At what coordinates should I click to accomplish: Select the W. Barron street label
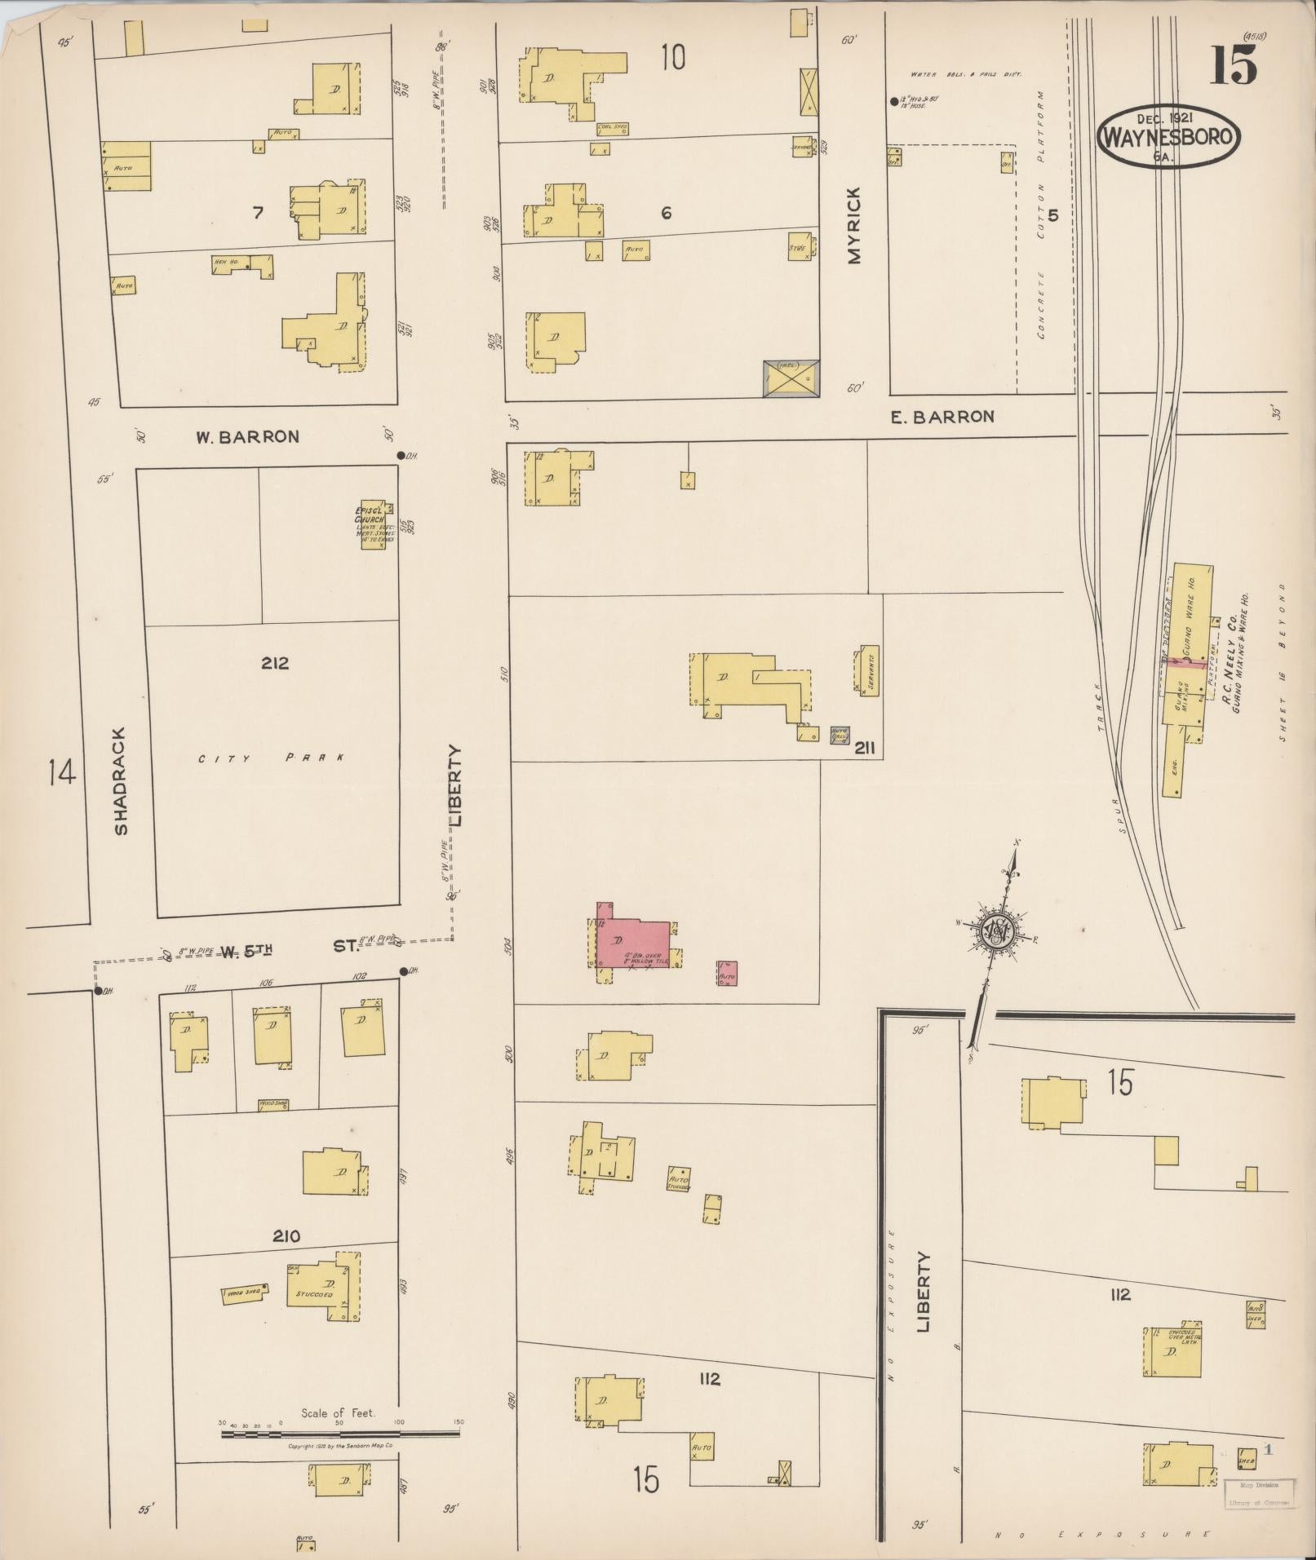pos(246,437)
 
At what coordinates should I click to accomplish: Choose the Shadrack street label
pos(121,780)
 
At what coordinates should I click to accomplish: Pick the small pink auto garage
pos(728,973)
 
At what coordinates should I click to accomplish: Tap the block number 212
pos(275,663)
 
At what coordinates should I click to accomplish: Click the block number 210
pos(286,1236)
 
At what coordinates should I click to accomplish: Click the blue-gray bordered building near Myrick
pos(791,378)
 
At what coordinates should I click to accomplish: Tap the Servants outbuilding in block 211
pos(869,670)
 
